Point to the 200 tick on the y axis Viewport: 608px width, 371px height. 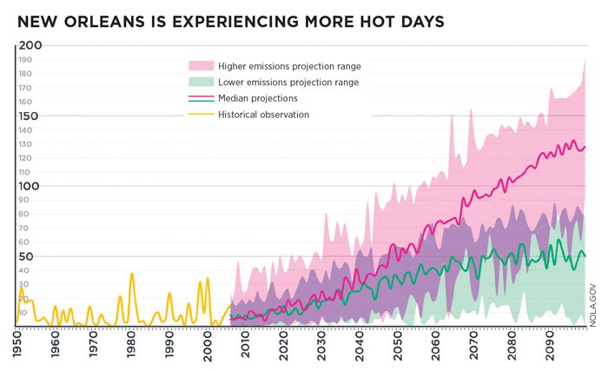pyautogui.click(x=30, y=45)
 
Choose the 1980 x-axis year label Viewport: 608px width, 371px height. pyautogui.click(x=131, y=343)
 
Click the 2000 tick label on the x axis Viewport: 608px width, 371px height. pyautogui.click(x=208, y=343)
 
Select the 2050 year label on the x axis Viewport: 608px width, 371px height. pyautogui.click(x=398, y=343)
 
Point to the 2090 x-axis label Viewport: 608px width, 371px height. pyautogui.click(x=550, y=343)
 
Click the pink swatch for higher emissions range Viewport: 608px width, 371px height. pyautogui.click(x=201, y=66)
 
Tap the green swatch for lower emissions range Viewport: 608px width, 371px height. pyautogui.click(x=201, y=83)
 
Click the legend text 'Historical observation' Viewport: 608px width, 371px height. pyautogui.click(x=263, y=115)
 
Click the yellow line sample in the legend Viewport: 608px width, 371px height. pyautogui.click(x=201, y=115)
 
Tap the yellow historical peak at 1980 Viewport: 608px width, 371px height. pyautogui.click(x=132, y=275)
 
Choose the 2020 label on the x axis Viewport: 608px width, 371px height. pyautogui.click(x=284, y=343)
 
